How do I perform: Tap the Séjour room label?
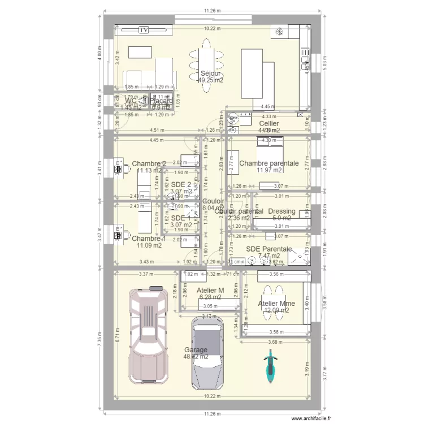pyautogui.click(x=210, y=73)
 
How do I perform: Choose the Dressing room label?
pyautogui.click(x=282, y=211)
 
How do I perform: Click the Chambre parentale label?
pyautogui.click(x=269, y=163)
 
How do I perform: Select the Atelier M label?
pyautogui.click(x=210, y=291)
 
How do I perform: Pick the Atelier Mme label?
pyautogui.click(x=276, y=303)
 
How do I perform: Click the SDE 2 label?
pyautogui.click(x=181, y=184)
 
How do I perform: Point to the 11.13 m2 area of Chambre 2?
pyautogui.click(x=149, y=170)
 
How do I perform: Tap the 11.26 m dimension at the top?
pyautogui.click(x=213, y=10)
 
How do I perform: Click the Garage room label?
pyautogui.click(x=196, y=350)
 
